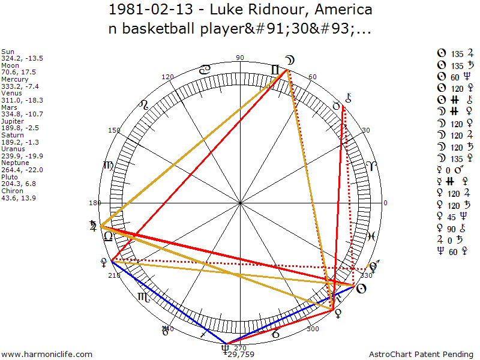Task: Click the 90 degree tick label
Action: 240,58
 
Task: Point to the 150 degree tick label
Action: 114,130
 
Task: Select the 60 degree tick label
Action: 312,77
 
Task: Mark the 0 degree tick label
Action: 385,203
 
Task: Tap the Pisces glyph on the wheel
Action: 371,236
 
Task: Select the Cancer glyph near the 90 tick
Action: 205,70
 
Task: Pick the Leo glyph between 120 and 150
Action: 143,107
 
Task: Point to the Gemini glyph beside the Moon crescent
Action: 275,70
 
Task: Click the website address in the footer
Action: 47,355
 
